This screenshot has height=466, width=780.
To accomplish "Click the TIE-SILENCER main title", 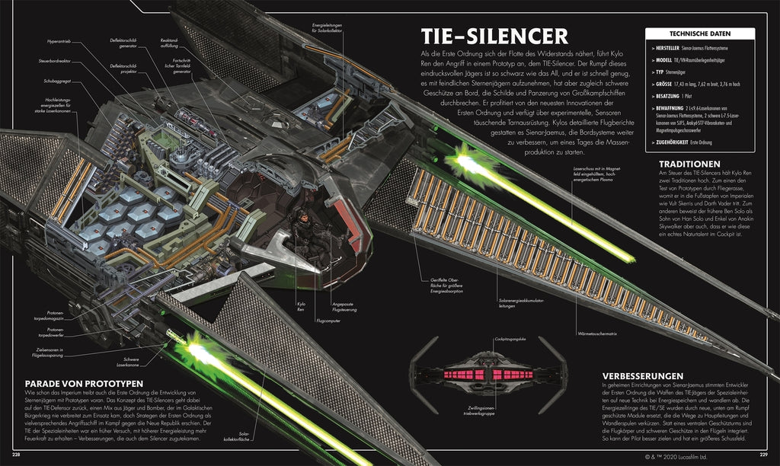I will (x=494, y=37).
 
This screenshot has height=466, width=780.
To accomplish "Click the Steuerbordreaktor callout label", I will (x=55, y=61).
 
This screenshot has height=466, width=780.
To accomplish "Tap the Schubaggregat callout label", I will (x=55, y=80).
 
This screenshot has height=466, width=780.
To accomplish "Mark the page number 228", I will (x=10, y=456).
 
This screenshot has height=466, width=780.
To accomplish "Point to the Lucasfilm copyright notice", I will (x=685, y=455).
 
